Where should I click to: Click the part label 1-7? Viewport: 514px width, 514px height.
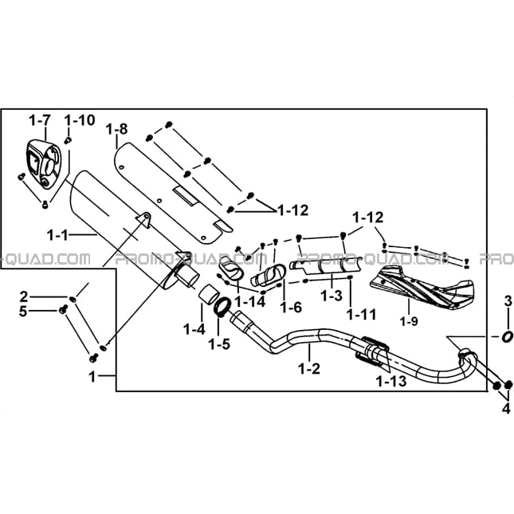[x=40, y=120]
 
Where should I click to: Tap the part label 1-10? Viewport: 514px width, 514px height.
[x=80, y=120]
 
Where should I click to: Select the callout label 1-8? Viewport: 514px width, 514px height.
[x=117, y=129]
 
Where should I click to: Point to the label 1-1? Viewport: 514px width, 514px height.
[x=57, y=235]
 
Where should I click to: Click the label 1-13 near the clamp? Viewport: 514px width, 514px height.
[x=391, y=381]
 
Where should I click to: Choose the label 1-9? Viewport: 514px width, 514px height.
[x=409, y=322]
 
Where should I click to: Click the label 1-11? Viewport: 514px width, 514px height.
[x=362, y=315]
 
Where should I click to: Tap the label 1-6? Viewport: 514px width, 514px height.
[x=291, y=307]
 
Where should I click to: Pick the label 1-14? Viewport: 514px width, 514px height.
[x=250, y=302]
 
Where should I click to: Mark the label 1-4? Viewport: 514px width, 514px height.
[x=194, y=329]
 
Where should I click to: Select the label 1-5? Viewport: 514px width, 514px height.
[x=219, y=344]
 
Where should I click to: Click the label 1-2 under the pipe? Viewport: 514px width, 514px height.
[x=309, y=369]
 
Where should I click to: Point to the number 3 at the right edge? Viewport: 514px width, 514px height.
[x=508, y=301]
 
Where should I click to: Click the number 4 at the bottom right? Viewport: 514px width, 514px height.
[x=507, y=409]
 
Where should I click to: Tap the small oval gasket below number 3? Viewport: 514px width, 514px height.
[x=507, y=336]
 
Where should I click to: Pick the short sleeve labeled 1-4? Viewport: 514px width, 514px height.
[x=207, y=293]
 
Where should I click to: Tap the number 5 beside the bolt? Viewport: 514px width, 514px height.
[x=22, y=311]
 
